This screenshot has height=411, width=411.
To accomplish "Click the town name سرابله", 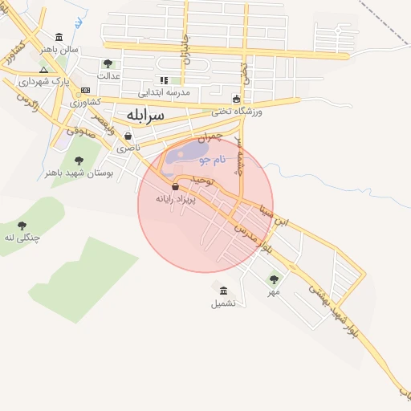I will [145, 115].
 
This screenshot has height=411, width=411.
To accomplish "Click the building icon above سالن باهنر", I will [60, 37].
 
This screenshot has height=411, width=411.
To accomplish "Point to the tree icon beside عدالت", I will [108, 63].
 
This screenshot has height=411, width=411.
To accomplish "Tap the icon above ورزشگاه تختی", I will [236, 100].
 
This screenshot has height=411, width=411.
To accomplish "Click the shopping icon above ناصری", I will [128, 136].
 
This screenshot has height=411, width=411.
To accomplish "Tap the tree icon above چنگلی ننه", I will [22, 226].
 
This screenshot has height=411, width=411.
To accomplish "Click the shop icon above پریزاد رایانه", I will [176, 186].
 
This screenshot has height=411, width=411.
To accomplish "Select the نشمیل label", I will [223, 303].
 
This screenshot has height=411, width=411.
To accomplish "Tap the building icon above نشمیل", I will [223, 291].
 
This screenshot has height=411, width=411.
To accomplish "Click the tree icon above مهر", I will [274, 279].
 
